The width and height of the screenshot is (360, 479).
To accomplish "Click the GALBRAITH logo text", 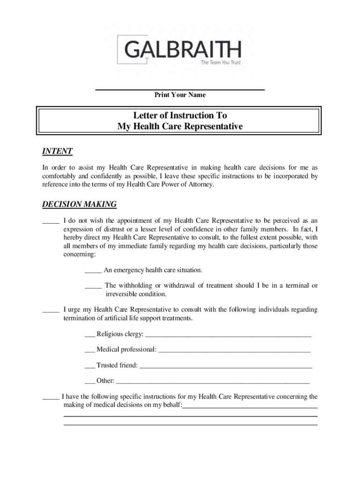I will tap(183, 49).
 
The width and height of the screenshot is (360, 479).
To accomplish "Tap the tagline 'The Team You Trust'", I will tap(221, 63).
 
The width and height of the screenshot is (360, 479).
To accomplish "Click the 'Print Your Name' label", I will tap(180, 95).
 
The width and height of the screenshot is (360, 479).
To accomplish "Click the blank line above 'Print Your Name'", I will tap(180, 89).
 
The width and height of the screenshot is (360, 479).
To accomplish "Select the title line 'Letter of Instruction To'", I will tap(180, 115).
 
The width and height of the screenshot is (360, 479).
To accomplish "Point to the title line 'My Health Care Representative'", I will tap(180, 126).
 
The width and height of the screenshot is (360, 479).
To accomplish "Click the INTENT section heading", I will tap(57, 152).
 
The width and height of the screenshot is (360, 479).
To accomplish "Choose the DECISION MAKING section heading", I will tap(79, 204).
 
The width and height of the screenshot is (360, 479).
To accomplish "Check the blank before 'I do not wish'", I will tap(50, 222).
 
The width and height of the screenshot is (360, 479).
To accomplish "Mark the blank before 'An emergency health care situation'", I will tap(93, 272).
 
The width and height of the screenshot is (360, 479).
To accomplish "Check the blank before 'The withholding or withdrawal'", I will tap(93, 287).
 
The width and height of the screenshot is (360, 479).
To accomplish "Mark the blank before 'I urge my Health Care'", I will tap(50, 311).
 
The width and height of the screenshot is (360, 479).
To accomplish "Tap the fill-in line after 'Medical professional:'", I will tap(235, 351).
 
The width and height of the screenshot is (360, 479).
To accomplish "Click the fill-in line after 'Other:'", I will tap(213, 382).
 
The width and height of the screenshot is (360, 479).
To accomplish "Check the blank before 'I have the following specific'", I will tap(50, 398).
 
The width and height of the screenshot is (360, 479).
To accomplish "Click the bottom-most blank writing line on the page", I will tap(190, 425).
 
